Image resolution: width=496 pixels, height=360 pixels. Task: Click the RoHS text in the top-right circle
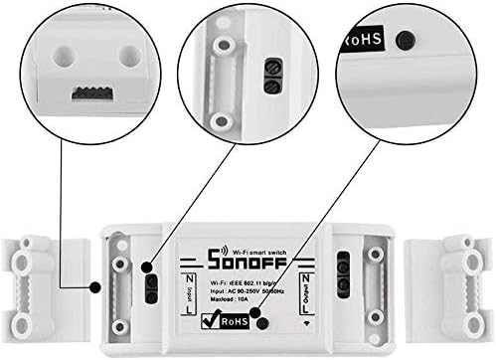(365, 41)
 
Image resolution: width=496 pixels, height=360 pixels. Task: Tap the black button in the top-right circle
(403, 41)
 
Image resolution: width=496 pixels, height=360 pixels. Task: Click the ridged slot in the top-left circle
(90, 93)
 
